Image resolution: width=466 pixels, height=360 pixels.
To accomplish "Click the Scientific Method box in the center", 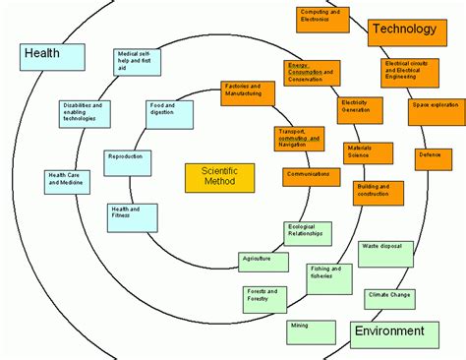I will pos(219,178).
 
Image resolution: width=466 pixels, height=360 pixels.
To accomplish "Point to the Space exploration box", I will pos(435,103).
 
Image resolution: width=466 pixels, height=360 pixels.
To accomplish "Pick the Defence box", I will pos(429,154).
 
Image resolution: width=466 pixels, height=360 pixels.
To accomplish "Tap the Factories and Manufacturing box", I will pos(249,91).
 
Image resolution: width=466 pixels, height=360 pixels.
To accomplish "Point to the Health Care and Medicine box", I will pos(66,182).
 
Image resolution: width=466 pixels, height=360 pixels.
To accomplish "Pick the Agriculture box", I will pos(263,262).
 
